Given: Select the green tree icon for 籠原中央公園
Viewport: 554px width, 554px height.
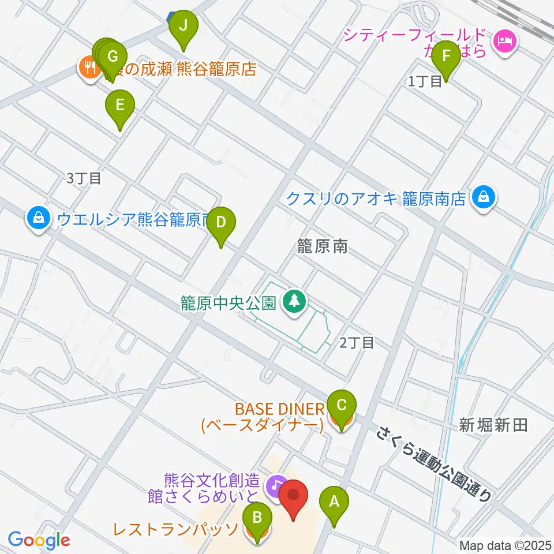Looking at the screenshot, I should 295,301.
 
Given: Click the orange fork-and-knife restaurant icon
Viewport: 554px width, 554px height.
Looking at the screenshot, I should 89,68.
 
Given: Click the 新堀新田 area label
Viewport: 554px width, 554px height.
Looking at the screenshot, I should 493,426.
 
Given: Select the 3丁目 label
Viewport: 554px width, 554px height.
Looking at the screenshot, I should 84,178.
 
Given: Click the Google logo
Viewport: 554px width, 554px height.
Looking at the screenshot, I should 39,540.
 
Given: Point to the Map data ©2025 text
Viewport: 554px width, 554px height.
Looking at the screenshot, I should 506,545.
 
